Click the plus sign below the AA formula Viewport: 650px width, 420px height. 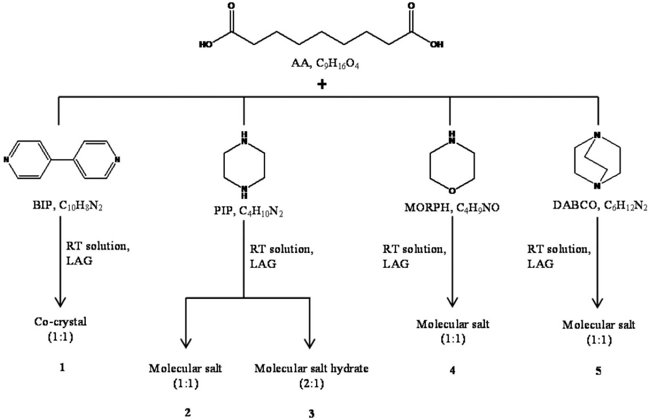322,85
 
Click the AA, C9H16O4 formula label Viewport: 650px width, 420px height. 325,64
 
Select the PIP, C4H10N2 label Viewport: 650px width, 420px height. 248,211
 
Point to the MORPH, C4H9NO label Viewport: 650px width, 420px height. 452,208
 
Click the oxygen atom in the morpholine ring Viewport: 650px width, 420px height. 452,191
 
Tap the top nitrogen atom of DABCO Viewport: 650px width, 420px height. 597,135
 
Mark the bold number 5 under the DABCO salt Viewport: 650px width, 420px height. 598,371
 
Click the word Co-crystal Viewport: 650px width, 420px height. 60,322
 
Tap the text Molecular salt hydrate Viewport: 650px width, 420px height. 311,369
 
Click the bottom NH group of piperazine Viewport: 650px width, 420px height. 244,192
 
